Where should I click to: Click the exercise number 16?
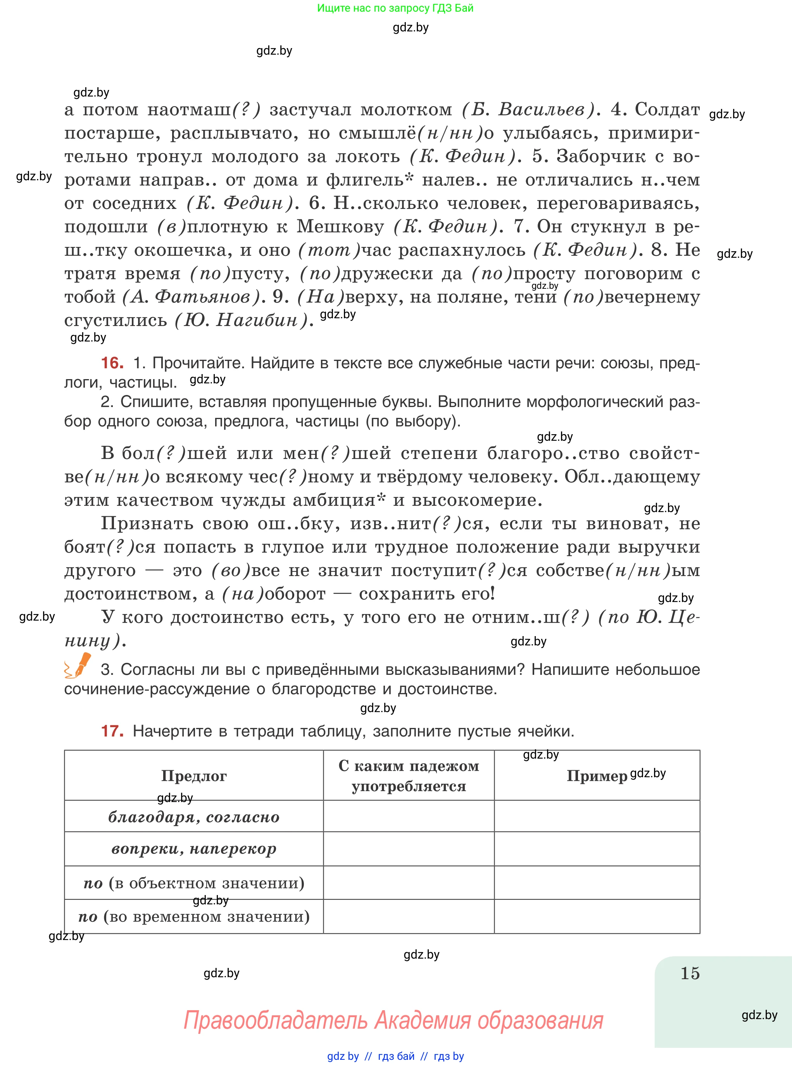click(112, 363)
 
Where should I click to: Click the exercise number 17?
click(112, 731)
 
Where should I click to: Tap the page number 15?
click(690, 973)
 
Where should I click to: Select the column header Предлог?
click(194, 776)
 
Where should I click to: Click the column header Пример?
click(597, 776)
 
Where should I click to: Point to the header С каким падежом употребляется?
click(409, 776)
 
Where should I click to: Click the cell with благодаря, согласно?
click(194, 817)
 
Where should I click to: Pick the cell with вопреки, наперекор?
click(194, 849)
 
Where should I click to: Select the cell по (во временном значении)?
click(194, 916)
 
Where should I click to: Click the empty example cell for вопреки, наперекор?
click(597, 849)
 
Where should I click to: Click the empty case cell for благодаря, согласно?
click(409, 817)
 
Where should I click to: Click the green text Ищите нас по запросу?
click(395, 8)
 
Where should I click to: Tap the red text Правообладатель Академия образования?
click(393, 1020)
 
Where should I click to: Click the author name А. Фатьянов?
click(191, 297)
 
